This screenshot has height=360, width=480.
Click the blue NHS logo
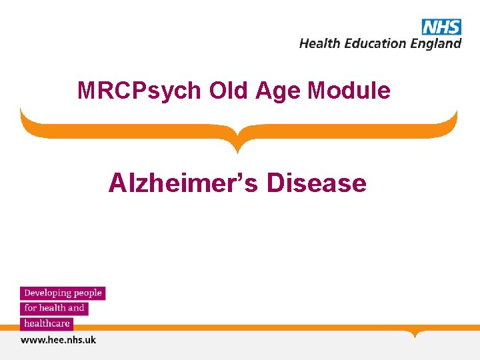(441, 27)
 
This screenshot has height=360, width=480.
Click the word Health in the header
(320, 43)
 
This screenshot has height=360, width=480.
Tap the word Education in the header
(374, 43)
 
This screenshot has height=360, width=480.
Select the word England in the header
(436, 44)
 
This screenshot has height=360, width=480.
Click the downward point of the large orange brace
(239, 148)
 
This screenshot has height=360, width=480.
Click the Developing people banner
(63, 293)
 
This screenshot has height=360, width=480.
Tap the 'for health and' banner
(55, 308)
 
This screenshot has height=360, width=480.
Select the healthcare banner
(47, 323)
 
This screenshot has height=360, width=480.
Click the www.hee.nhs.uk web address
(59, 340)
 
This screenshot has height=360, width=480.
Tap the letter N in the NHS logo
(430, 27)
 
